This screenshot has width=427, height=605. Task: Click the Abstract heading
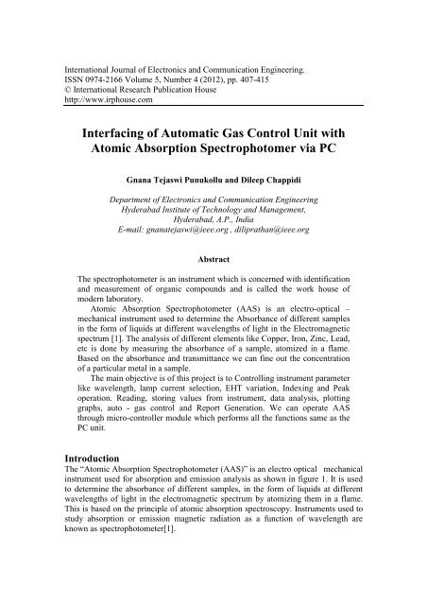[213, 257]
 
